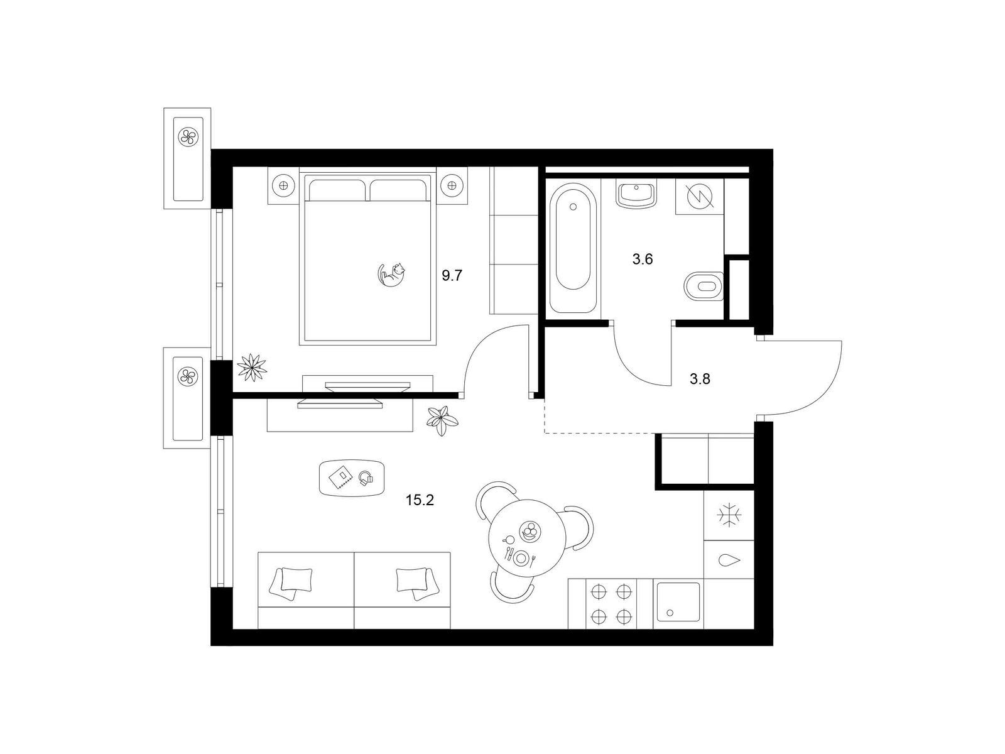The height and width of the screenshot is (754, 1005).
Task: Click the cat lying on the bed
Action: (x=392, y=275)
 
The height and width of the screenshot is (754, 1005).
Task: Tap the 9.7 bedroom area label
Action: (x=452, y=276)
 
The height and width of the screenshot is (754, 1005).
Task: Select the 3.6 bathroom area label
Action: (x=643, y=260)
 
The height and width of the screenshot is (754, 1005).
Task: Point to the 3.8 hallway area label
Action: (x=700, y=379)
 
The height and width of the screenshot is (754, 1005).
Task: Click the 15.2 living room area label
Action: (x=420, y=500)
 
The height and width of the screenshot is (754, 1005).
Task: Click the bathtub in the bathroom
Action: (x=573, y=248)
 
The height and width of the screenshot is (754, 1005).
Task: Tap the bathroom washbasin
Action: (x=636, y=194)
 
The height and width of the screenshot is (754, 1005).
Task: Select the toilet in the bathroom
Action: (x=703, y=286)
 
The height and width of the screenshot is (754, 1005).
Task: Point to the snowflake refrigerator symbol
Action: (x=729, y=515)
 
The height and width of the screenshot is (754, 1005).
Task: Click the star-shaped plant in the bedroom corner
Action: (x=252, y=367)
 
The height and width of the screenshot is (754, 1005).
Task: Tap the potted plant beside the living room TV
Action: (x=442, y=420)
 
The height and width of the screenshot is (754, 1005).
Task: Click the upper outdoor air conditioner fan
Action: (x=188, y=136)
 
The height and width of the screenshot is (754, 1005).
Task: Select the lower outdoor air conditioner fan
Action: (x=188, y=376)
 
